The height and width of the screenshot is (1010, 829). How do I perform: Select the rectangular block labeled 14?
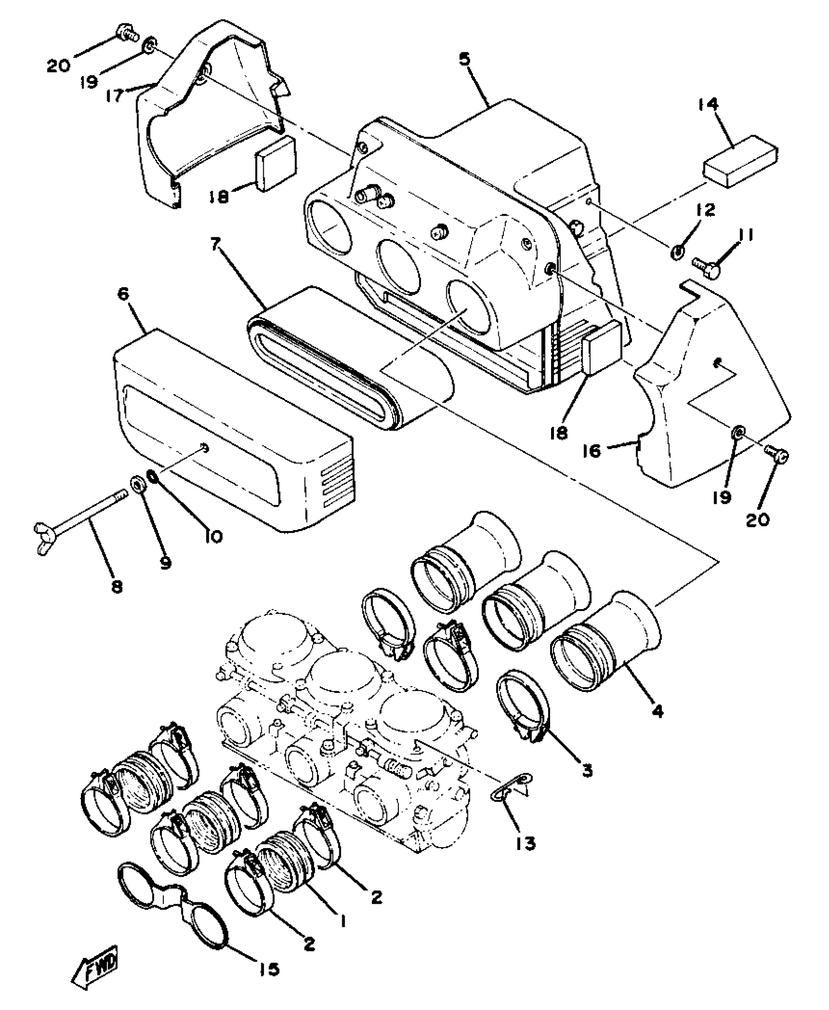tap(740, 160)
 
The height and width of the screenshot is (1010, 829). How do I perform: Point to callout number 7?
tap(215, 245)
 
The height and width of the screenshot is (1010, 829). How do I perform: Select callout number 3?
tap(587, 771)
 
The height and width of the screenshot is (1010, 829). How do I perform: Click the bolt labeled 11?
tap(705, 265)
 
